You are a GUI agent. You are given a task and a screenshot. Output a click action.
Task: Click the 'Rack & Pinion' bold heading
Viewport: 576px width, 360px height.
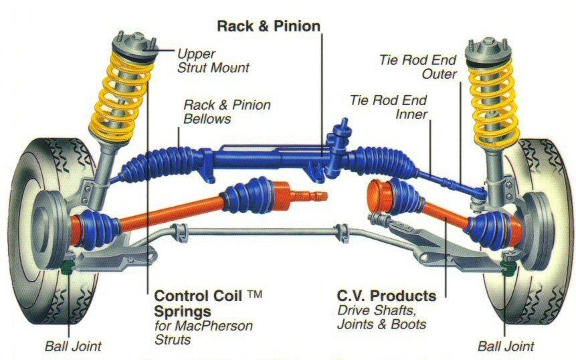click(x=268, y=26)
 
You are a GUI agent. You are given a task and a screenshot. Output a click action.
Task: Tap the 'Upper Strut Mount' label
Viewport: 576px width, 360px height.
click(x=213, y=61)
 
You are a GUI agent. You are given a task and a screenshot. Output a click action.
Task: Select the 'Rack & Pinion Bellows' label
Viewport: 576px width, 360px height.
click(x=227, y=112)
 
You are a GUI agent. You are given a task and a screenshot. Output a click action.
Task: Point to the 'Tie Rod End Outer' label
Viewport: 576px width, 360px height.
click(x=417, y=67)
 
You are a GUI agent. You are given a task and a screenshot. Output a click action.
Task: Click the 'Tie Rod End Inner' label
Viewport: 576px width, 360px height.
click(x=388, y=107)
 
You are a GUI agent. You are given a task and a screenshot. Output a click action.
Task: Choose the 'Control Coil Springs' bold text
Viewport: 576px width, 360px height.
click(x=198, y=303)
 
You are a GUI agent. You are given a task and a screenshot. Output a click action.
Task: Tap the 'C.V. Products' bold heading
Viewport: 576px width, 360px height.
click(x=387, y=295)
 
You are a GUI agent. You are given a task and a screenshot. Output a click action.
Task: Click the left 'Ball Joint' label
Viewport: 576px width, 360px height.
click(x=73, y=346)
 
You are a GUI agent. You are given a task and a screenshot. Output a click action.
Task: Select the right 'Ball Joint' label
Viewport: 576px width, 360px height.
click(x=506, y=346)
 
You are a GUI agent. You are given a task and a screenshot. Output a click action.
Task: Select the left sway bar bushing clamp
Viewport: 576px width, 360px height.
click(x=180, y=233)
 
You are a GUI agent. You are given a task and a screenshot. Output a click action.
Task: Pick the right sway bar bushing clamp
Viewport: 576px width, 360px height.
click(x=342, y=233)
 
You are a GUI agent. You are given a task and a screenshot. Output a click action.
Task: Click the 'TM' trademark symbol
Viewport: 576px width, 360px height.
click(x=254, y=294)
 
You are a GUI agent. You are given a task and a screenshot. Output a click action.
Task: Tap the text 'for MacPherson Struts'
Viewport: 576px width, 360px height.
click(x=203, y=333)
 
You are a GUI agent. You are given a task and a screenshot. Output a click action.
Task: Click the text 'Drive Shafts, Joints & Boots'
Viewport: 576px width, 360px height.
click(x=382, y=317)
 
